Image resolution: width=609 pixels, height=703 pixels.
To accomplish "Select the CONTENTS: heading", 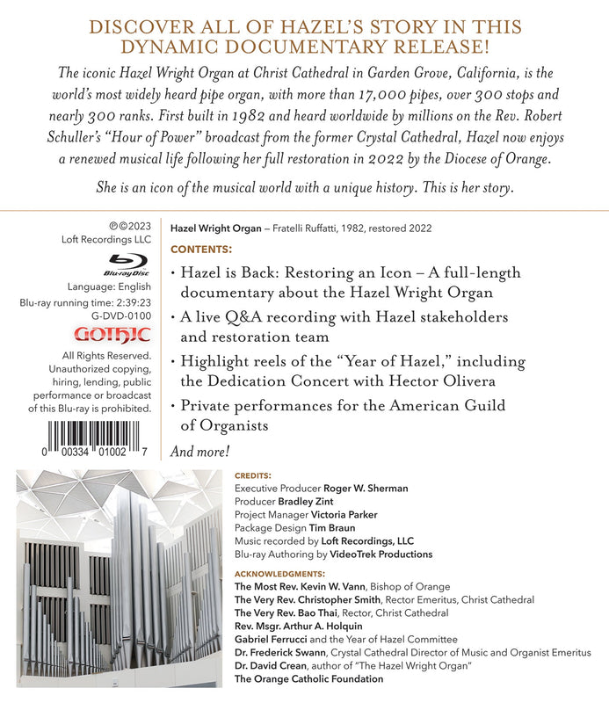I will click(x=202, y=249).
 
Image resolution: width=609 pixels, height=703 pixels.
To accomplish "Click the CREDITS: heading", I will click(x=253, y=475).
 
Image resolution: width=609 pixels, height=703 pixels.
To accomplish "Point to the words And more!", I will click(x=200, y=452).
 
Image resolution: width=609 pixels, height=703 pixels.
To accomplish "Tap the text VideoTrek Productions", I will click(x=381, y=554).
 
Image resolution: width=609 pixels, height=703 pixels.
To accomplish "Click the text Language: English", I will click(x=109, y=287).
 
